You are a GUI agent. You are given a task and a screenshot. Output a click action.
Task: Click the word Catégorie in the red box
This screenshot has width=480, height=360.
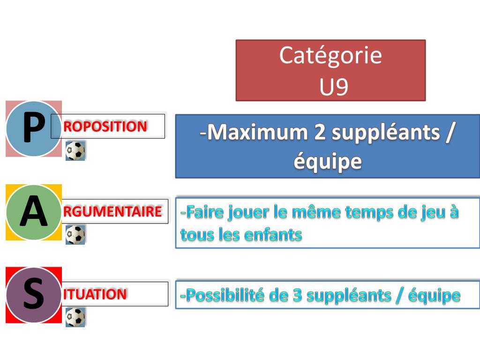[330, 56]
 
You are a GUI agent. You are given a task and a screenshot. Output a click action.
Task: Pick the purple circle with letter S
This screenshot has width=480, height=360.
[34, 295]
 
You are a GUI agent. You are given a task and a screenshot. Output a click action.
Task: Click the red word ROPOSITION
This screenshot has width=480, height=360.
[105, 126]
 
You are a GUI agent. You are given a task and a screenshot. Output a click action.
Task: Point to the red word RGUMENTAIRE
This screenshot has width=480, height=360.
[112, 211]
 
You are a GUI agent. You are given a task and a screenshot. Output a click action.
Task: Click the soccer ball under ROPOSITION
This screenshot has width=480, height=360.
[75, 151]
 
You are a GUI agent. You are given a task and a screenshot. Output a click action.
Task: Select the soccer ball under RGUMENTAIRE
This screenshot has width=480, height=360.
[75, 234]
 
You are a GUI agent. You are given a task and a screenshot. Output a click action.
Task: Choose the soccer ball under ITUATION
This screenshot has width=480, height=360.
[75, 317]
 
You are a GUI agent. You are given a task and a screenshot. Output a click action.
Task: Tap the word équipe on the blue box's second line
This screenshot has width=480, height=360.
[328, 162]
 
